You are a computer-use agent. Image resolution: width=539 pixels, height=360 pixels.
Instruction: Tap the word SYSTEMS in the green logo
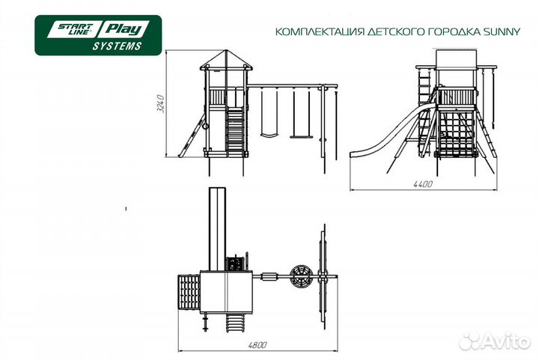tap(117, 46)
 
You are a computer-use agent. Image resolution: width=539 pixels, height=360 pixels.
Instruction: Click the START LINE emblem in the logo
tap(70, 30)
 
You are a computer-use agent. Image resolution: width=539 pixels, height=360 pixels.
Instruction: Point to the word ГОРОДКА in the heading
tap(421, 32)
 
